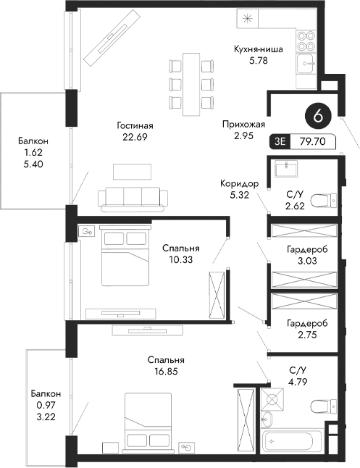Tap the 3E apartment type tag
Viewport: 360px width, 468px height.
coord(280,143)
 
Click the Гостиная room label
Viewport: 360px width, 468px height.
coord(135,125)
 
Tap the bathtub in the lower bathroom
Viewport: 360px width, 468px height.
coord(294,440)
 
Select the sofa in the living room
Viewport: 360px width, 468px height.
coord(134,197)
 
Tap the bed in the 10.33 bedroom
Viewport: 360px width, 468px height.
coord(122,257)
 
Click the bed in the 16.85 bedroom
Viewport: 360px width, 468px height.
coord(148,419)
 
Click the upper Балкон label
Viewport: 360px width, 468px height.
coord(33,142)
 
